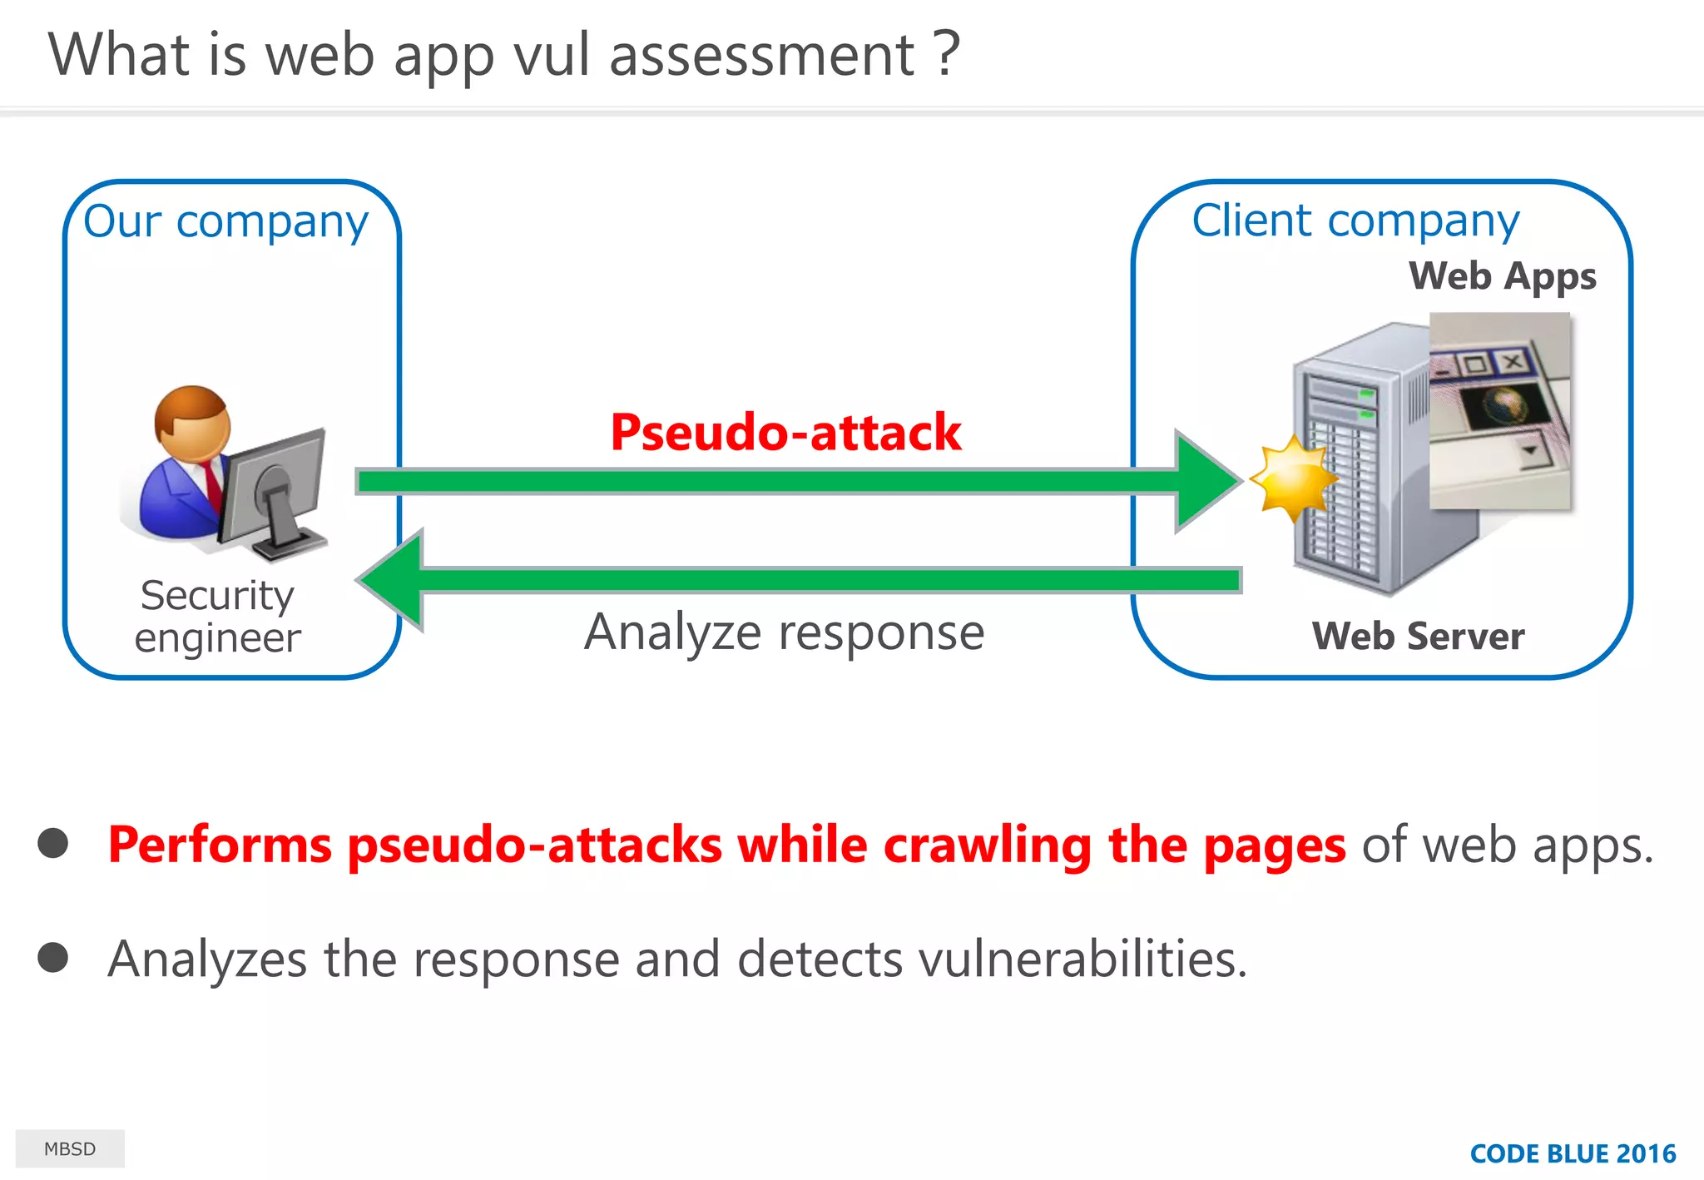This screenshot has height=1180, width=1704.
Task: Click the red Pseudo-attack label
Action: (x=785, y=433)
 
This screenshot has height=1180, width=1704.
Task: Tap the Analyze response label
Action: (x=784, y=632)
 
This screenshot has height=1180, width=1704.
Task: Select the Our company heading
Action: (x=225, y=221)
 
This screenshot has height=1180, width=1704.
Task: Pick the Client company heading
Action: (x=1355, y=221)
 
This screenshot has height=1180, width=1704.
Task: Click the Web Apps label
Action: (x=1502, y=275)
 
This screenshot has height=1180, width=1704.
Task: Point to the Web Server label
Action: (x=1418, y=637)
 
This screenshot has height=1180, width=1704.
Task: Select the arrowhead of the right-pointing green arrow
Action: (x=1206, y=481)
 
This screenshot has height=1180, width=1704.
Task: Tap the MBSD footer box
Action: (x=70, y=1148)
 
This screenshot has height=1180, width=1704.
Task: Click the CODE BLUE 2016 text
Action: (x=1572, y=1153)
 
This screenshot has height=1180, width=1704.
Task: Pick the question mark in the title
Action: (x=946, y=55)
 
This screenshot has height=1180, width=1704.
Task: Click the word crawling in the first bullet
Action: (x=987, y=845)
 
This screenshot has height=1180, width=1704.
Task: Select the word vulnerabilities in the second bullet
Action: (x=1082, y=959)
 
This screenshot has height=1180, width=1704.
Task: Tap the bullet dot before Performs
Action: (x=53, y=843)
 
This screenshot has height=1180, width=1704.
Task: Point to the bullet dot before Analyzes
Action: (x=53, y=957)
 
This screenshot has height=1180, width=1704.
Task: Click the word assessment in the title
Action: (x=761, y=55)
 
